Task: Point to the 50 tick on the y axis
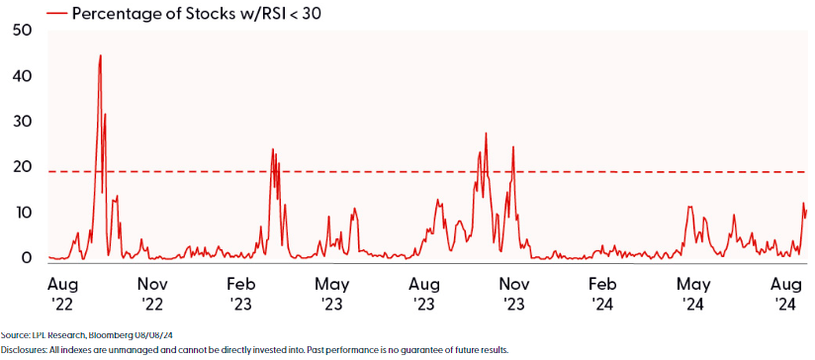point(21,31)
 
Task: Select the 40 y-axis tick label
point(21,76)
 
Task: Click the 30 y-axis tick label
point(21,122)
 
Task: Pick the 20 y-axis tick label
point(21,167)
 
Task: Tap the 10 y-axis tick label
point(21,213)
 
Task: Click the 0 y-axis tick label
point(27,258)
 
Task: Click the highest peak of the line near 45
point(100,56)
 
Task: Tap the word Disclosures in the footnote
point(22,350)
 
